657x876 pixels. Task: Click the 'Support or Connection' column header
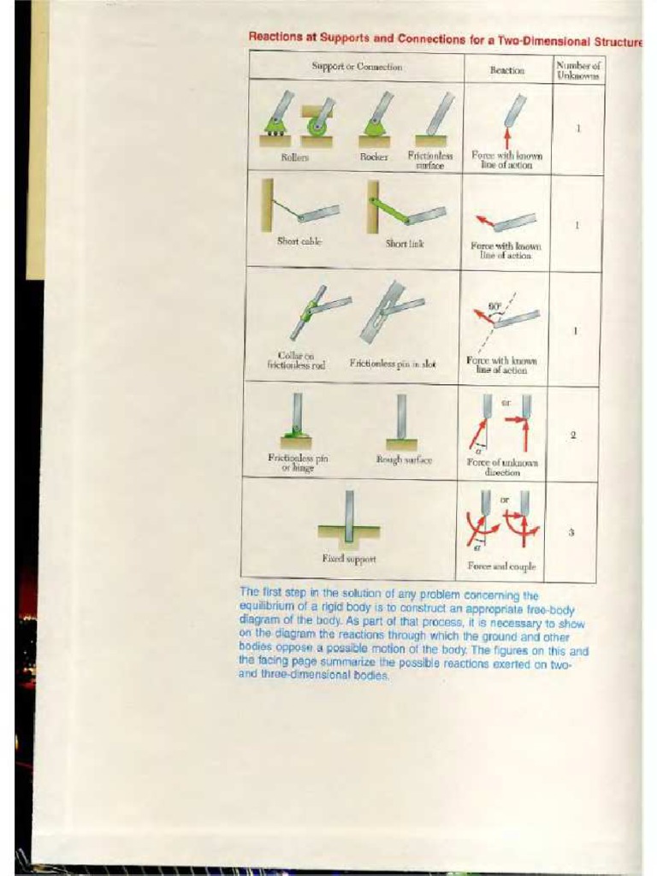point(357,67)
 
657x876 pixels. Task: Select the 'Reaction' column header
point(506,70)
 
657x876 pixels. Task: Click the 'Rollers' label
point(294,157)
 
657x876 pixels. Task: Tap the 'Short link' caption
point(404,243)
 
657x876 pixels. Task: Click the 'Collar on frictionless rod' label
point(296,360)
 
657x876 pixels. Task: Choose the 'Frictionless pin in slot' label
point(393,364)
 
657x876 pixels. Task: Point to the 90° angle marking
point(494,305)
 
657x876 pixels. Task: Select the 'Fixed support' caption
point(348,559)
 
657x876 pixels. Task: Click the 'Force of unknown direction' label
point(501,466)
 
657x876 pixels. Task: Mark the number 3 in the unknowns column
point(571,532)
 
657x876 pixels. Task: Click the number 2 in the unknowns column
point(572,435)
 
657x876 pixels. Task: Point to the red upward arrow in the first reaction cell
point(507,138)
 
